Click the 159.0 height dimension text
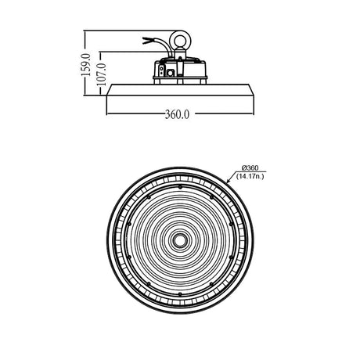coord(86,65)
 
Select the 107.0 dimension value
coord(102,74)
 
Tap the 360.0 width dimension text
coord(177,114)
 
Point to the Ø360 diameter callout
coord(250,167)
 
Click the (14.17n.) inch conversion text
coord(250,176)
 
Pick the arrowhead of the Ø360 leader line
coord(229,181)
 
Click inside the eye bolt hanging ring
coord(180,41)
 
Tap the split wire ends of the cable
coord(146,41)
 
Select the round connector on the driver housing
coord(171,73)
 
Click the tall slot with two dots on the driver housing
coord(162,70)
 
